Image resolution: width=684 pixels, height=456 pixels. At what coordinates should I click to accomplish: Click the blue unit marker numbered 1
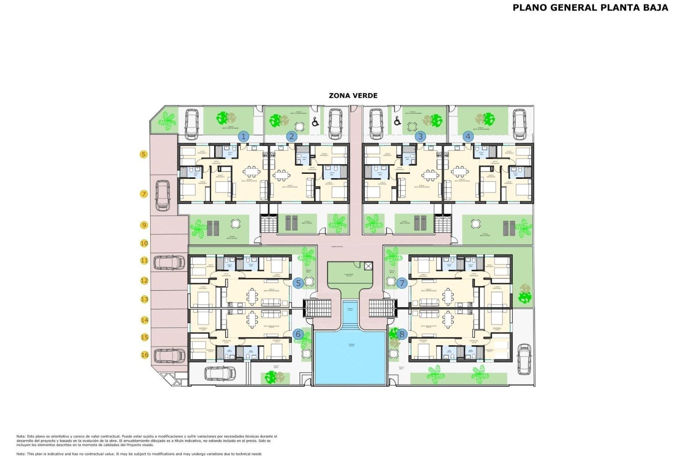(x=244, y=136)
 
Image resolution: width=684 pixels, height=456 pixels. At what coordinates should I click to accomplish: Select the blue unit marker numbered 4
(x=468, y=136)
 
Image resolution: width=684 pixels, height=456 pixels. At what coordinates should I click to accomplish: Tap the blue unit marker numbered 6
(x=298, y=334)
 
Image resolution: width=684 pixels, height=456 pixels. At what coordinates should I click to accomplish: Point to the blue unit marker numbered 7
(x=402, y=283)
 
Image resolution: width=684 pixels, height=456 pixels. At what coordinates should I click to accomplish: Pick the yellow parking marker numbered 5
(x=144, y=154)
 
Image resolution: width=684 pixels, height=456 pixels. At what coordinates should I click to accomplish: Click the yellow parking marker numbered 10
(x=144, y=243)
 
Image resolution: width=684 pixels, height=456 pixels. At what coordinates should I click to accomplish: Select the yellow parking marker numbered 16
(x=144, y=355)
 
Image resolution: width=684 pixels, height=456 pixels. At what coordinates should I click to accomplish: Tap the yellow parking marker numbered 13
(x=144, y=299)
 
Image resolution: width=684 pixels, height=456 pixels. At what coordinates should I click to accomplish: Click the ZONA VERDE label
(x=353, y=95)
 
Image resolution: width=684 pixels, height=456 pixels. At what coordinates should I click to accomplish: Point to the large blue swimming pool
(x=351, y=357)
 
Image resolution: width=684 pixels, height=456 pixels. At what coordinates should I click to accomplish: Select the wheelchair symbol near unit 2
(x=315, y=122)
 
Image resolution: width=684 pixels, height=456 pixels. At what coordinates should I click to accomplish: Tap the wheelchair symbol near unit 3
(x=398, y=121)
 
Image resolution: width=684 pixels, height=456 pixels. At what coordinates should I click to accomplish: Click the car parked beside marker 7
(x=163, y=195)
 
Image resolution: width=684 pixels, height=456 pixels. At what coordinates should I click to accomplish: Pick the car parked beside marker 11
(x=169, y=263)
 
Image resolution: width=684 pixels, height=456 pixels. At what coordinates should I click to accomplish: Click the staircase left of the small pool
(x=317, y=308)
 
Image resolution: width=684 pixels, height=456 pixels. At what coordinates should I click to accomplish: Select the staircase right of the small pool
(x=383, y=308)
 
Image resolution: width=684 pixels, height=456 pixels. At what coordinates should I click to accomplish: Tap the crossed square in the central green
(x=368, y=266)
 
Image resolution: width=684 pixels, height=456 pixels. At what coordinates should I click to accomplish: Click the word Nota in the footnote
(x=21, y=436)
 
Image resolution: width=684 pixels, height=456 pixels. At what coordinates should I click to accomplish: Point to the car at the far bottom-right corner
(x=524, y=359)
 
